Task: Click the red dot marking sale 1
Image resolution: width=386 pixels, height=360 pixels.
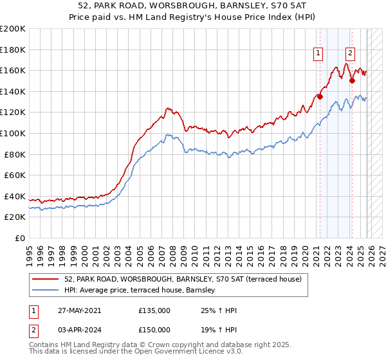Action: (x=320, y=97)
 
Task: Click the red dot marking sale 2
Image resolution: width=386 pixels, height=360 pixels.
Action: (x=352, y=81)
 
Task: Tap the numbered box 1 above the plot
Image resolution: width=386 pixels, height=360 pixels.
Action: (x=318, y=54)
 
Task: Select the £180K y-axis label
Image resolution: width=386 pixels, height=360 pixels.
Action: (x=13, y=50)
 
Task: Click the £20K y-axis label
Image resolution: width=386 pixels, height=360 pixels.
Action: (x=15, y=217)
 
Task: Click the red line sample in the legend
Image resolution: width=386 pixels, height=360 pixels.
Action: (x=46, y=279)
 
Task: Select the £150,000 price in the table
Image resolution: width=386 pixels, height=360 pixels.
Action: (x=154, y=331)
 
